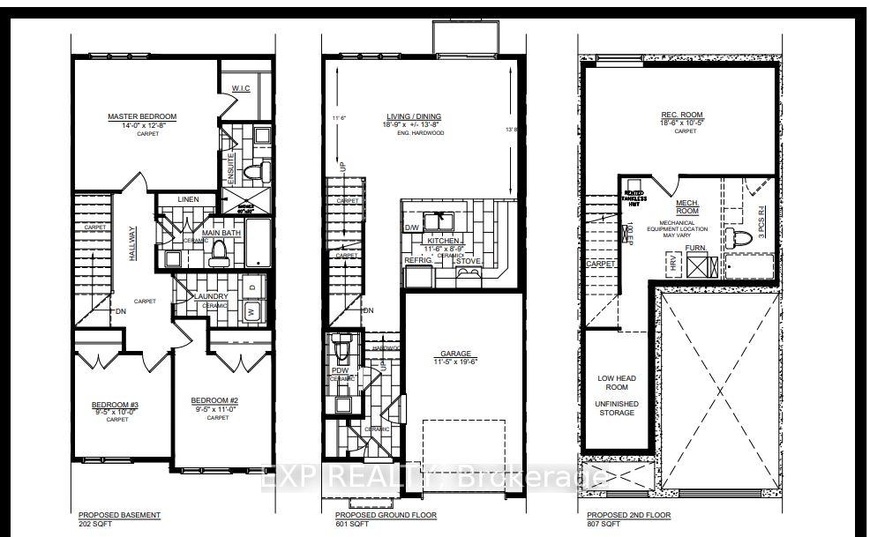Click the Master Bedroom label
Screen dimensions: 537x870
coord(142,116)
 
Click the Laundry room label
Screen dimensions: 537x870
coord(212,296)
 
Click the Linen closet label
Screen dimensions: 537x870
coord(189,200)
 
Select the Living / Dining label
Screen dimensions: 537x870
coord(413,116)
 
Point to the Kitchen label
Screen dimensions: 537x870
coord(442,240)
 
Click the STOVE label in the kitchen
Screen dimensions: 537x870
coord(469,261)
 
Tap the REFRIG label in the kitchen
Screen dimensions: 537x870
coord(418,261)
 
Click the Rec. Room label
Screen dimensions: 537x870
coord(680,115)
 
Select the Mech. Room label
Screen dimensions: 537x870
coord(687,207)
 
